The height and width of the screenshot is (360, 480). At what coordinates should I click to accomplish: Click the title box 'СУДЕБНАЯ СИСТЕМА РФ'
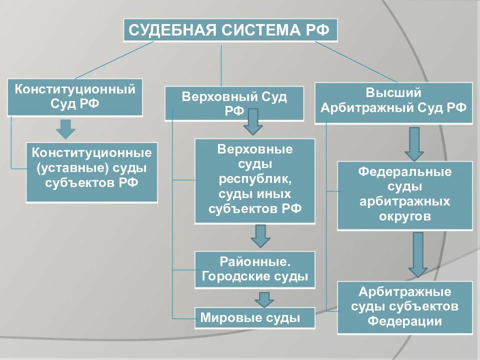[x=230, y=30]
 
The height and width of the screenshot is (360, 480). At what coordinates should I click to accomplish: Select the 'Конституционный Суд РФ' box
[x=75, y=97]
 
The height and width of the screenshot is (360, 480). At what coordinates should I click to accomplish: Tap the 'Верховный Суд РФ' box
[x=234, y=103]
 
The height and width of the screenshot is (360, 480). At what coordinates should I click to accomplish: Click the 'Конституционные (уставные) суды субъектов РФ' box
[x=91, y=172]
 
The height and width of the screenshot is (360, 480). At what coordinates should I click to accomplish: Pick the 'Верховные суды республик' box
[x=255, y=180]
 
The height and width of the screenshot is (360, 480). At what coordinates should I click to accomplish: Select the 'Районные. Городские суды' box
[x=255, y=269]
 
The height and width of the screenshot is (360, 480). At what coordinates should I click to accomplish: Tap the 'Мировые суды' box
[x=255, y=317]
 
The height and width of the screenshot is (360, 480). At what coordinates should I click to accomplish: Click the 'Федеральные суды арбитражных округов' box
[x=405, y=195]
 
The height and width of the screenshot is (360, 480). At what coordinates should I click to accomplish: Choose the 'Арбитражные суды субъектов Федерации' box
[x=405, y=307]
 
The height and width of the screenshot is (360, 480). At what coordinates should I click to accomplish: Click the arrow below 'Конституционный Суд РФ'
[x=65, y=129]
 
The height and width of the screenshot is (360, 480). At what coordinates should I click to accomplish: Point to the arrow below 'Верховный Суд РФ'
[x=253, y=121]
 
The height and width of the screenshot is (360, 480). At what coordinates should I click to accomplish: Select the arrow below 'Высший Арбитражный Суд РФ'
[x=414, y=143]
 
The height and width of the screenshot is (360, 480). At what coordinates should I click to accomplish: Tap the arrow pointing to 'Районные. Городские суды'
[x=260, y=235]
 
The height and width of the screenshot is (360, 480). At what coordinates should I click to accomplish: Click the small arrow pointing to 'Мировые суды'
[x=264, y=298]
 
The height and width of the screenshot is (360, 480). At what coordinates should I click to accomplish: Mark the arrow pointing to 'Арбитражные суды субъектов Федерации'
[x=418, y=254]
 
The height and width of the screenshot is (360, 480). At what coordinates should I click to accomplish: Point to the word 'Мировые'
[x=223, y=317]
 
